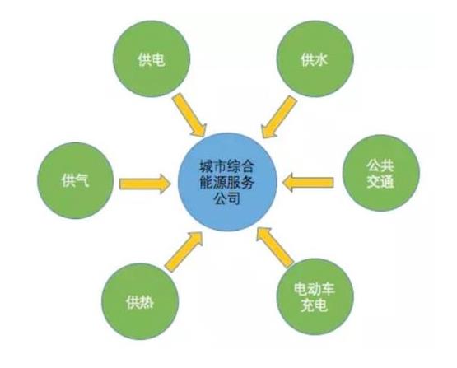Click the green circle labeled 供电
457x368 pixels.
click(x=152, y=58)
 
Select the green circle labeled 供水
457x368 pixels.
click(x=315, y=58)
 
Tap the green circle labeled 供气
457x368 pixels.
click(x=75, y=180)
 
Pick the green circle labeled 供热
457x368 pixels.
click(x=140, y=301)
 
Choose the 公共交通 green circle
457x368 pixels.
click(x=381, y=173)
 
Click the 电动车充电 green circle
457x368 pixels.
click(x=315, y=297)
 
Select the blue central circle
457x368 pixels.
click(x=227, y=182)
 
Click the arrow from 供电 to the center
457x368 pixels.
click(x=189, y=115)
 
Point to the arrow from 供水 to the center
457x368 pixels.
click(x=279, y=117)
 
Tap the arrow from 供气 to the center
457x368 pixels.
click(x=145, y=184)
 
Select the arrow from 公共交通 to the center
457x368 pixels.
click(x=308, y=183)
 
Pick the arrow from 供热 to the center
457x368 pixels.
click(x=184, y=251)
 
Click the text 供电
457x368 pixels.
click(x=152, y=59)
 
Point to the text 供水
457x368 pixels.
click(x=315, y=59)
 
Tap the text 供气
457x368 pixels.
click(x=75, y=179)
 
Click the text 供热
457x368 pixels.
click(x=140, y=302)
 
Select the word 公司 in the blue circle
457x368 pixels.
click(x=227, y=199)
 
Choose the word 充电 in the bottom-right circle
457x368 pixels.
click(x=314, y=305)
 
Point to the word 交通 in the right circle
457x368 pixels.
click(x=380, y=181)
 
